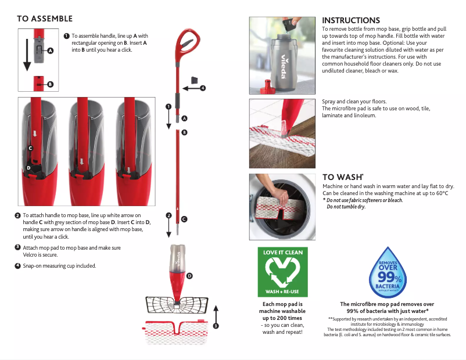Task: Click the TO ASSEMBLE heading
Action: tap(45, 19)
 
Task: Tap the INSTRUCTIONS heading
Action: tap(350, 20)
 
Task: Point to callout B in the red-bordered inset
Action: tap(50, 84)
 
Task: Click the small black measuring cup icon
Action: tap(195, 79)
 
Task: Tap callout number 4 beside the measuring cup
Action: tap(203, 88)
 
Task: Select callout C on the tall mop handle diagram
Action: tap(184, 219)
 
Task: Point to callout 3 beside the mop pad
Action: tap(216, 326)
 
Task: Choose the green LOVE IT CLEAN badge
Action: tap(282, 272)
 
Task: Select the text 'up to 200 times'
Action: tap(282, 318)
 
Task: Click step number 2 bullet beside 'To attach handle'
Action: tap(18, 215)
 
